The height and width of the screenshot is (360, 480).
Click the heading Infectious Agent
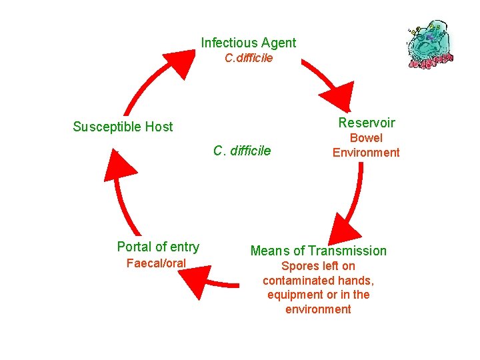tap(249, 43)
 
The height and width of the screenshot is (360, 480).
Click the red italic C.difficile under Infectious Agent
tap(249, 58)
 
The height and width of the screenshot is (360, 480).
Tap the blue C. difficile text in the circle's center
tap(242, 151)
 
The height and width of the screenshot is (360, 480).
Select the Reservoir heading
tap(366, 123)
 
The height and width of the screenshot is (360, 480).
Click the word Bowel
tap(366, 138)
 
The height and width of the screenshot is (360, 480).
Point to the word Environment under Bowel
tap(366, 153)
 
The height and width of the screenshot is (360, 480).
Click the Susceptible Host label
tap(123, 127)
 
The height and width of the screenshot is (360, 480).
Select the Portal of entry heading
tap(158, 247)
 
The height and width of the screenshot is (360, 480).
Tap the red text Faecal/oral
tap(156, 263)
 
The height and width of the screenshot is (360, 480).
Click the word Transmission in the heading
tap(347, 251)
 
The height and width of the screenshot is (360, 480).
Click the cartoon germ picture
tap(430, 45)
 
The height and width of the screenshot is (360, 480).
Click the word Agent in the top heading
tap(279, 43)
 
